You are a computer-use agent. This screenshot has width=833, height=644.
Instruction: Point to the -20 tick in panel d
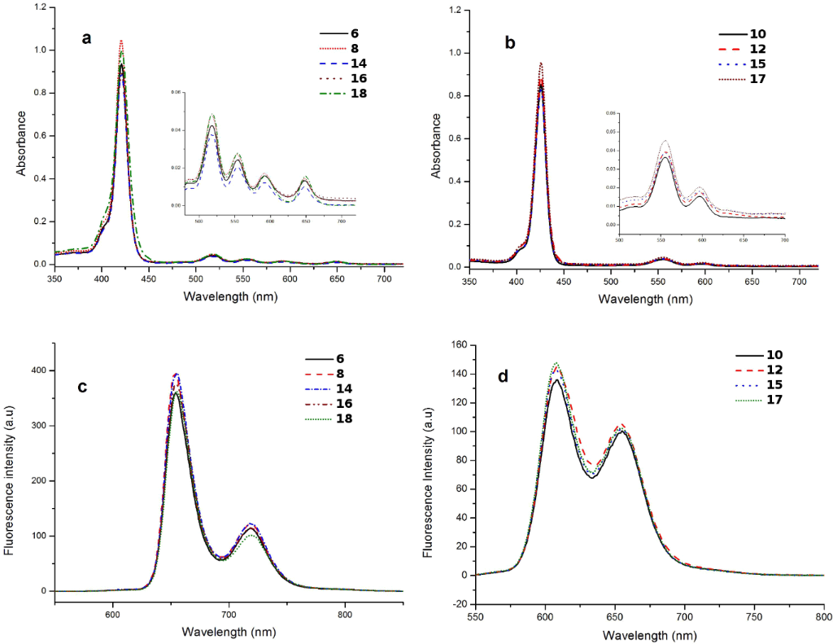tap(457, 604)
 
